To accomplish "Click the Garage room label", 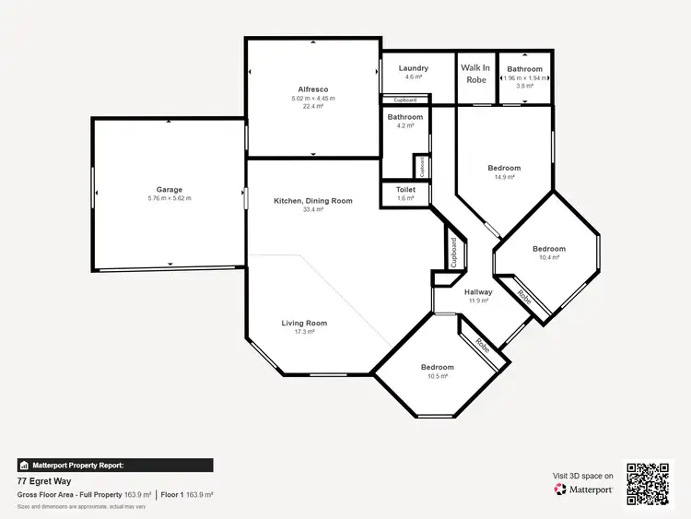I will click(169, 189).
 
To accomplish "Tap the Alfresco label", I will click(313, 89).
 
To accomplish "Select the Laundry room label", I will click(414, 68).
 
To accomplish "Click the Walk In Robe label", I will click(475, 74).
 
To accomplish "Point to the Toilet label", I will click(405, 190).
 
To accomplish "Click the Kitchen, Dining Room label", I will click(313, 201).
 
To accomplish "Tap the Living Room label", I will click(304, 324).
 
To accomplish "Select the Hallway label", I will click(478, 292).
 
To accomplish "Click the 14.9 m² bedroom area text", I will click(504, 176).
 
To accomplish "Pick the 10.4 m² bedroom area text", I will click(549, 257).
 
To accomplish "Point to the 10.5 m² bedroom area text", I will click(438, 376).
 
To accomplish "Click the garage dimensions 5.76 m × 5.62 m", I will click(169, 198).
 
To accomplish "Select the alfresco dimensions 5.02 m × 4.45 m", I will click(313, 98).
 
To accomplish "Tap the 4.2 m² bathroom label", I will click(405, 117).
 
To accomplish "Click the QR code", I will click(649, 484).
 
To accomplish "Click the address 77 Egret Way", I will click(43, 481).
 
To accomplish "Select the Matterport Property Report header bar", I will click(115, 466).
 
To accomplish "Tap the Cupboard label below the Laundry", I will click(405, 100).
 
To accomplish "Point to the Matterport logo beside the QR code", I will click(584, 490).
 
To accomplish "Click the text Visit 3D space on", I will click(582, 477).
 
